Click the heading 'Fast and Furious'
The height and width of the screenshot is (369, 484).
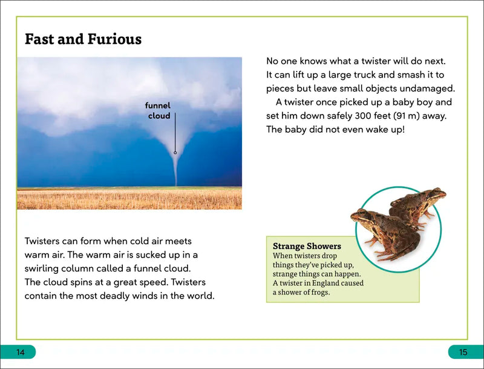(83, 40)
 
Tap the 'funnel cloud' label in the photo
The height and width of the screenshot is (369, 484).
(159, 110)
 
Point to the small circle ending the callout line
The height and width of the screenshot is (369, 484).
(175, 153)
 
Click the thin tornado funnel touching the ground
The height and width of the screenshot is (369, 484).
(176, 173)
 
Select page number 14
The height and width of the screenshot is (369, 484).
(21, 353)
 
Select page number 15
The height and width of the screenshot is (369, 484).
(463, 353)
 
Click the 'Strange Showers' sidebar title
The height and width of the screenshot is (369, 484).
(307, 247)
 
